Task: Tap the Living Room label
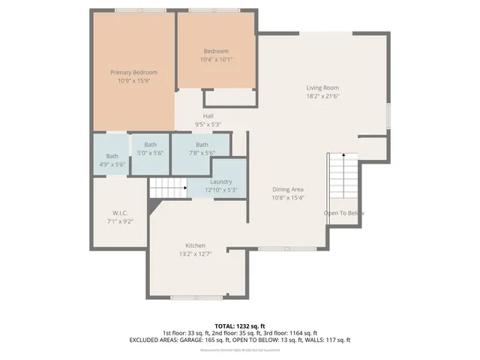point(322,88)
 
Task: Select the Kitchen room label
point(196,246)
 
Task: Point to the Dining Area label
point(288,190)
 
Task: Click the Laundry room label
point(220,181)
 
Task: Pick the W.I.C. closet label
point(120,214)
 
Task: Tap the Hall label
point(208,116)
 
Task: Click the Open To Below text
point(344,213)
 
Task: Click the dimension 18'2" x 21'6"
point(322,96)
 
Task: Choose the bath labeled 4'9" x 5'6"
point(112,164)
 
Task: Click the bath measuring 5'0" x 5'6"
point(151,152)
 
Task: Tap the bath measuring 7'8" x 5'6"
point(202,153)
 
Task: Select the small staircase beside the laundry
point(167,188)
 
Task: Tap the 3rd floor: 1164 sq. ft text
point(289,333)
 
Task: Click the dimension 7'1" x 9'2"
point(120,222)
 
